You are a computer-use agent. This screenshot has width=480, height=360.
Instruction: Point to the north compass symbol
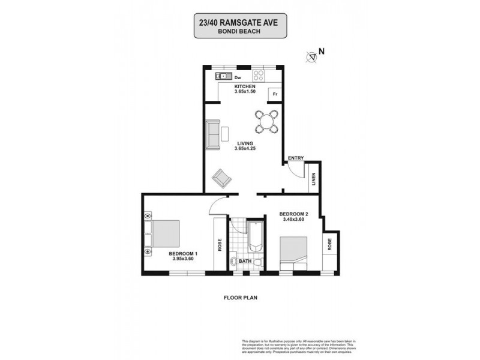311,57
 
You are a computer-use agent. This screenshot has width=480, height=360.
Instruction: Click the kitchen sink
223,76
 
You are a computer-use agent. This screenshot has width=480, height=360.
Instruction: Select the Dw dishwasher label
238,78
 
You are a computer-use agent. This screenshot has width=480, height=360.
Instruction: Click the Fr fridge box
275,94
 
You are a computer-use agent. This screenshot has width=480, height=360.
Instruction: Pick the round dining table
266,121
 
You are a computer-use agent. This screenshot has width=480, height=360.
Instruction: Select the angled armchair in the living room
222,178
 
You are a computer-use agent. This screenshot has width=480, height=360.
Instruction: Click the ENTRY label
296,158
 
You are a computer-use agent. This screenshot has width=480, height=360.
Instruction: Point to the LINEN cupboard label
314,179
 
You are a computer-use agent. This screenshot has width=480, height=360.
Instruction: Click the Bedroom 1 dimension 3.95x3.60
183,260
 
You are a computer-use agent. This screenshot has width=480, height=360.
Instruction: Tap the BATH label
245,262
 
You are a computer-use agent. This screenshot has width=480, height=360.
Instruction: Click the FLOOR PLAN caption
239,297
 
